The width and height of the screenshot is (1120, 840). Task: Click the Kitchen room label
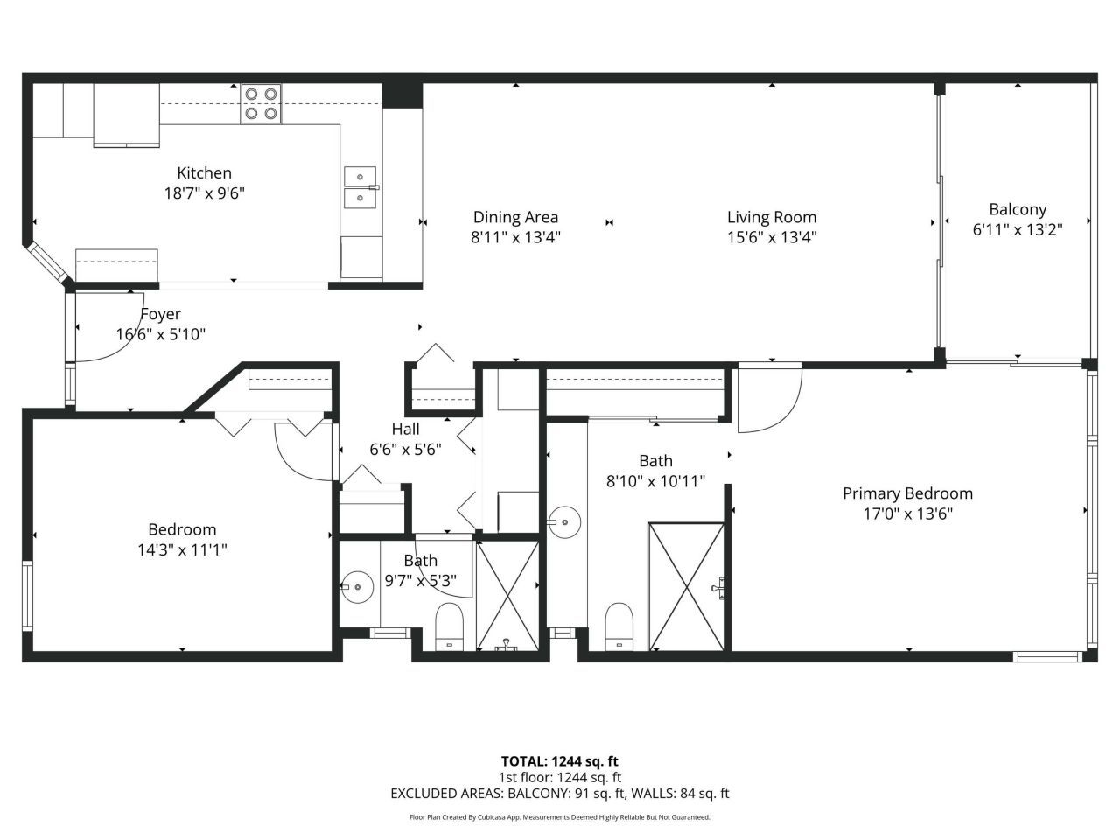click(x=204, y=173)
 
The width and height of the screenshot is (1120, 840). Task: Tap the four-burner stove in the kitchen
click(x=261, y=103)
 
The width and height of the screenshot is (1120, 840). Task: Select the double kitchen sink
click(x=360, y=187)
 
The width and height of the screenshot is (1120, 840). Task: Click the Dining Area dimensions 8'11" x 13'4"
click(x=515, y=237)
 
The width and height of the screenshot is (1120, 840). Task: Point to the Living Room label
click(x=772, y=217)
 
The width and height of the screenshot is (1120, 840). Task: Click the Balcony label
click(x=1018, y=209)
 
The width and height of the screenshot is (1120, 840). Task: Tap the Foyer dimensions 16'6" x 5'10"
click(x=161, y=334)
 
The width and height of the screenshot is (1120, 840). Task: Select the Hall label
click(x=405, y=429)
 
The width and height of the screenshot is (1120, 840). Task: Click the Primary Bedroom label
click(x=907, y=493)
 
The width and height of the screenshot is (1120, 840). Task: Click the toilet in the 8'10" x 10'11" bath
click(x=619, y=625)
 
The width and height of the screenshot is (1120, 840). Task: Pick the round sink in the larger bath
click(x=565, y=524)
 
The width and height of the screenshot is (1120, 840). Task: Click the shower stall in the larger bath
click(x=686, y=587)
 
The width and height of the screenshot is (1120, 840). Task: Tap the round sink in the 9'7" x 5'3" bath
click(x=357, y=587)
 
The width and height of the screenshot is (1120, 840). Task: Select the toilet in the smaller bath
click(x=449, y=625)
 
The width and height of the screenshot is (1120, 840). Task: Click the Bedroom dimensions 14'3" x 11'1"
click(x=182, y=549)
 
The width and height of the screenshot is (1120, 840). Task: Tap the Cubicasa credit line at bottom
click(x=559, y=817)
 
